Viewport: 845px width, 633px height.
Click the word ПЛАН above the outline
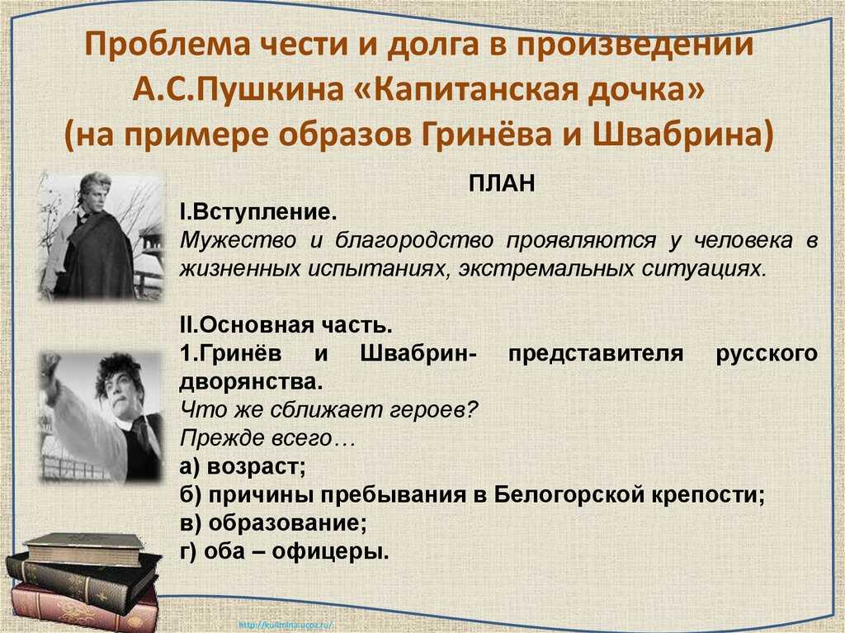click(x=502, y=183)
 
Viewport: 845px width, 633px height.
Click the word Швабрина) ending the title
click(x=682, y=134)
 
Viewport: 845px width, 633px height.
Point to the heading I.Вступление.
click(x=258, y=212)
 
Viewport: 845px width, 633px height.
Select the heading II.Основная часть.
click(x=286, y=325)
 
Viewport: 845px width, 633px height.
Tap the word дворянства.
click(x=251, y=382)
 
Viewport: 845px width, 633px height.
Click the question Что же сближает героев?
click(x=328, y=410)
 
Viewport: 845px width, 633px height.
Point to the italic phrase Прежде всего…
click(x=268, y=438)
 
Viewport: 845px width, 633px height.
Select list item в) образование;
click(x=273, y=523)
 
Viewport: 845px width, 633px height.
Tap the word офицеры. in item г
click(x=330, y=551)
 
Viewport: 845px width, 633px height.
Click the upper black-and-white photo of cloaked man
click(x=101, y=236)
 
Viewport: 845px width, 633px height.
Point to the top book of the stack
click(x=85, y=548)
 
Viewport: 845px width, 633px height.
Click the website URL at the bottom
click(x=285, y=626)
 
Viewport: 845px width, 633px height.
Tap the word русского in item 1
click(x=767, y=355)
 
